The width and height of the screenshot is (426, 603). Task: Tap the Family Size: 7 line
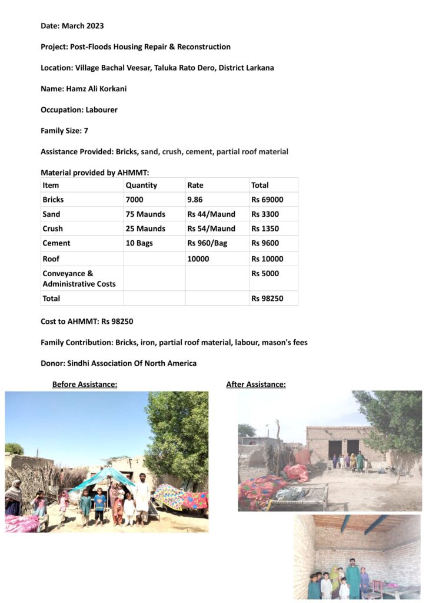(x=64, y=131)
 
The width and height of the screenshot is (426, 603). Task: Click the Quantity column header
(x=141, y=185)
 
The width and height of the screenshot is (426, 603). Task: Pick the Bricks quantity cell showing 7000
(x=134, y=200)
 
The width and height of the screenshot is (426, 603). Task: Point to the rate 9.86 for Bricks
(x=196, y=200)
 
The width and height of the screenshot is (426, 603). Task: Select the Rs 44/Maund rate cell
(x=211, y=214)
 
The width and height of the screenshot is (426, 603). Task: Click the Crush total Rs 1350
(x=265, y=228)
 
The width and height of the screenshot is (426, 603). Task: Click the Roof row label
(x=51, y=259)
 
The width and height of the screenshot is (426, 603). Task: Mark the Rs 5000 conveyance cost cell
(x=265, y=273)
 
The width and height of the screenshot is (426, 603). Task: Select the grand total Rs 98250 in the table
(x=267, y=299)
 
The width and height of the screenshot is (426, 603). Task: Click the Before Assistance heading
(x=85, y=385)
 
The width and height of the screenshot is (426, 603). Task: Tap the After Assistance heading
(x=256, y=385)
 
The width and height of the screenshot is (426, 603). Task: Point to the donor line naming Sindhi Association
(x=118, y=363)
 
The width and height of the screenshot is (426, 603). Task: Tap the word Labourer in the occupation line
(x=101, y=110)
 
